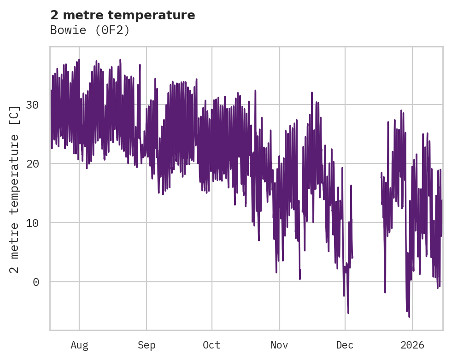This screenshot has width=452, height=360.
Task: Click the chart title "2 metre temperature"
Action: [x=123, y=15]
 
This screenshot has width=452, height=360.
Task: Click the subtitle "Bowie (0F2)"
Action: [x=90, y=30]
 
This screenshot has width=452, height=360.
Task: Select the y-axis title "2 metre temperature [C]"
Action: [x=15, y=189]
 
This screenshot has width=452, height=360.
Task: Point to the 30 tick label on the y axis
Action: [x=32, y=105]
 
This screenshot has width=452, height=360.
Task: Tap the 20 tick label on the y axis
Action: [x=32, y=164]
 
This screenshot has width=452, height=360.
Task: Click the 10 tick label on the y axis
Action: [x=32, y=223]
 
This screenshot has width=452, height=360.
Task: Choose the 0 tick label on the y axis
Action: [x=36, y=282]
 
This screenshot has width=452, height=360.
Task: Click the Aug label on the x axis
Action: [x=79, y=345]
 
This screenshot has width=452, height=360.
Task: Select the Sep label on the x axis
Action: [x=147, y=345]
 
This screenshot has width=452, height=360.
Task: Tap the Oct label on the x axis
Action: [x=211, y=345]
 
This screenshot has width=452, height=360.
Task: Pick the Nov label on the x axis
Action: [x=279, y=345]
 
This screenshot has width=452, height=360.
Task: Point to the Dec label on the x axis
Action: [x=345, y=345]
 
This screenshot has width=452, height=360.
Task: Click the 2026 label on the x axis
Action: [x=412, y=345]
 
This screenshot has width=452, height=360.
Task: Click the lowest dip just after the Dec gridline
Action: [x=348, y=313]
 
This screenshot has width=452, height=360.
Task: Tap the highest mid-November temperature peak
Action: [x=311, y=93]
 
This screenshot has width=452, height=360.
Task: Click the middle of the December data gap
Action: [x=367, y=207]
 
